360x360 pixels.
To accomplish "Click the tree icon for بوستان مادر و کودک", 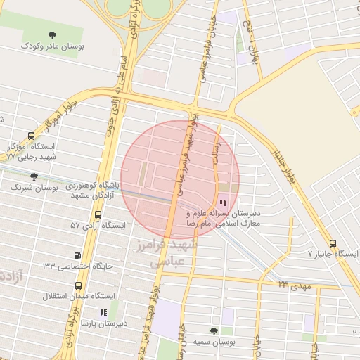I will (x=53, y=34).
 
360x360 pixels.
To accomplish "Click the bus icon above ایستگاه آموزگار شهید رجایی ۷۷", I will (x=31, y=136).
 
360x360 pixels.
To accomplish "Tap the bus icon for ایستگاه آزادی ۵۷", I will (x=96, y=214).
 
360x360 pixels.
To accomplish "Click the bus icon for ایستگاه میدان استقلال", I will (x=77, y=286).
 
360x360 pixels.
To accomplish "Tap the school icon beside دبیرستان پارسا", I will (x=103, y=311).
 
